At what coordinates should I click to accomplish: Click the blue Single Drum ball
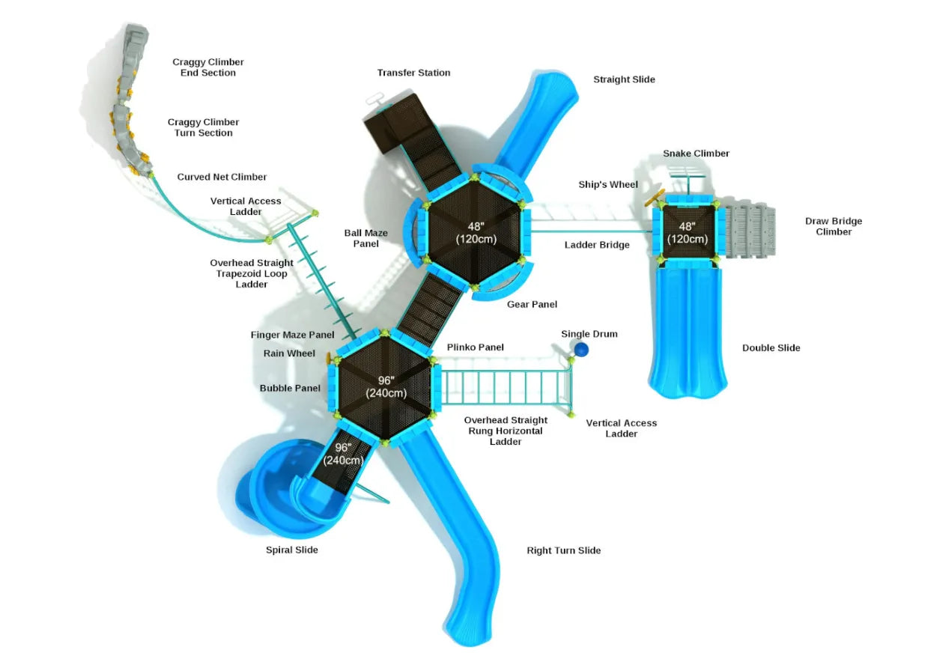pyautogui.click(x=581, y=348)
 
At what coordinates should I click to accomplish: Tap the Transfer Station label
pyautogui.click(x=413, y=73)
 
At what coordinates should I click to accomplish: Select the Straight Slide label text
pyautogui.click(x=623, y=79)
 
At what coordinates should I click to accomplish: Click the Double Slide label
pyautogui.click(x=771, y=347)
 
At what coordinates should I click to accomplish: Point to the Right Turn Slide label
pyautogui.click(x=563, y=550)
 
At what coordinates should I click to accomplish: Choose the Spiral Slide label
pyautogui.click(x=291, y=550)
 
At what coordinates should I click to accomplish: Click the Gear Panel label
pyautogui.click(x=532, y=304)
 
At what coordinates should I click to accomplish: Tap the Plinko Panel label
pyautogui.click(x=475, y=347)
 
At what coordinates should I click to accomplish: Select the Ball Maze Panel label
pyautogui.click(x=366, y=238)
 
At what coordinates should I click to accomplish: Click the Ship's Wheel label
pyautogui.click(x=607, y=184)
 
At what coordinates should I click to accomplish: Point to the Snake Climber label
pyautogui.click(x=696, y=154)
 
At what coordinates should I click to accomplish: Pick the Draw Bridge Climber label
pyautogui.click(x=833, y=226)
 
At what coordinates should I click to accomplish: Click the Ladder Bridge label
pyautogui.click(x=596, y=245)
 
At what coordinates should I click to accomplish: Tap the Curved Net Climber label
pyautogui.click(x=222, y=177)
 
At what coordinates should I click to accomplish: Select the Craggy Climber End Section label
pyautogui.click(x=207, y=67)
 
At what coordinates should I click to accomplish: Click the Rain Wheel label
pyautogui.click(x=289, y=353)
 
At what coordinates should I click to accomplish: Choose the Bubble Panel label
pyautogui.click(x=290, y=388)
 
